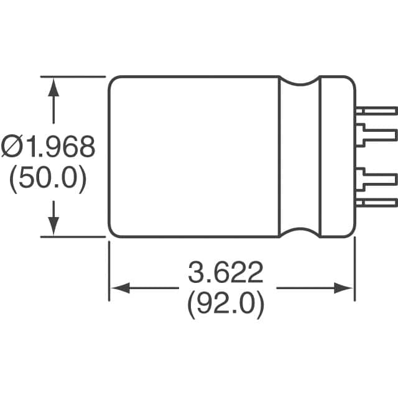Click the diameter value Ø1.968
coord(49,147)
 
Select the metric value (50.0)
coord(47,180)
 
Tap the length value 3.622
coord(226,272)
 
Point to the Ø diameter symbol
coord(12,147)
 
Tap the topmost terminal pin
coord(376,110)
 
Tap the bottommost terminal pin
coord(376,203)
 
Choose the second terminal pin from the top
coord(376,133)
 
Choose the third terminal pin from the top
coord(376,180)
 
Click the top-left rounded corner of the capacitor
coord(113,81)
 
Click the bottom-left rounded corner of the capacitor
coord(113,233)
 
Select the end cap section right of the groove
coord(336,157)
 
